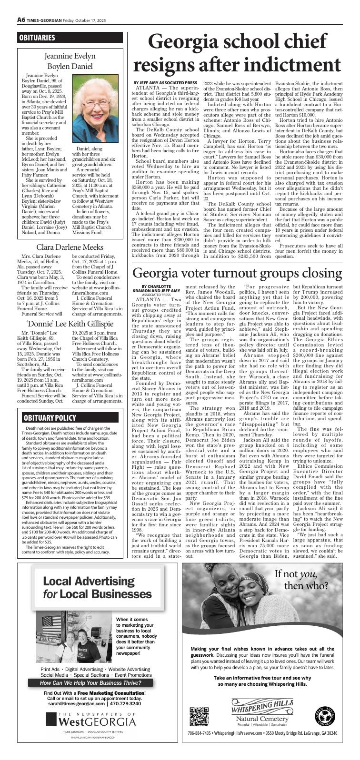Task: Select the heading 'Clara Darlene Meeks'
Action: pos(69,247)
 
